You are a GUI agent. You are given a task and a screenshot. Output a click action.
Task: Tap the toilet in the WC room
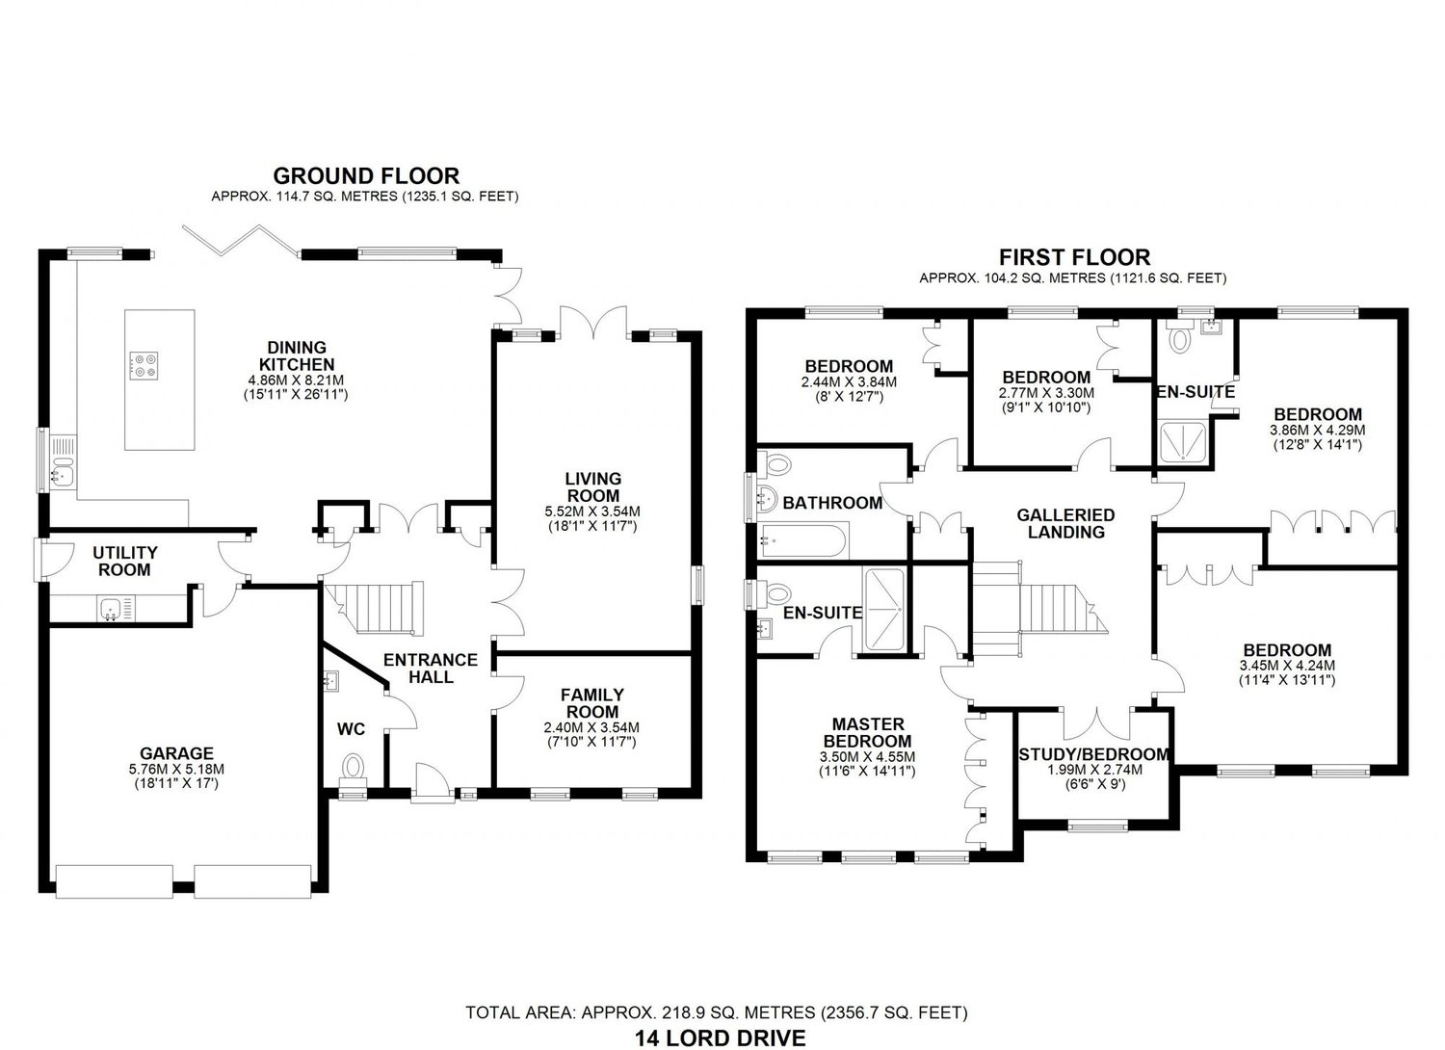coord(354,768)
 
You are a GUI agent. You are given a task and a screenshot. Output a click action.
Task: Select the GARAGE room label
coord(176,753)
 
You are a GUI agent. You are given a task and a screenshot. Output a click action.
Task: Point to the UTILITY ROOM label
coord(125,561)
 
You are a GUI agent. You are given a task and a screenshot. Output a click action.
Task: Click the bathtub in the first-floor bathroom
coord(803,540)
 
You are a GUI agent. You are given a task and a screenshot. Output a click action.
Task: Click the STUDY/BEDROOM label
coord(1094,754)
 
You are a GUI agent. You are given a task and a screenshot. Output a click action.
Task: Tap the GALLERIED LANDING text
coord(1065,523)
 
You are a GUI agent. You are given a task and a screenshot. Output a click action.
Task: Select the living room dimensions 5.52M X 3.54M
coord(593,511)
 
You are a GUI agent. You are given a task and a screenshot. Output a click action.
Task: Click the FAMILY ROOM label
coord(592,702)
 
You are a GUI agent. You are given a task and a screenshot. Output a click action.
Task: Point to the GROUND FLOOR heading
coord(366,175)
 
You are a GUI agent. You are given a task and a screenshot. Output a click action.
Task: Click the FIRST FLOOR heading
coord(1074,257)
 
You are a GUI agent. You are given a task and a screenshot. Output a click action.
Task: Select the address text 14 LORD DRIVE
coord(720,1037)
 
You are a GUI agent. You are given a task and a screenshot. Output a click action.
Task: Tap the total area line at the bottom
coord(717,1012)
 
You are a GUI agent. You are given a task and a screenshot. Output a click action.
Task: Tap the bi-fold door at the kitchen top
coord(239,239)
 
